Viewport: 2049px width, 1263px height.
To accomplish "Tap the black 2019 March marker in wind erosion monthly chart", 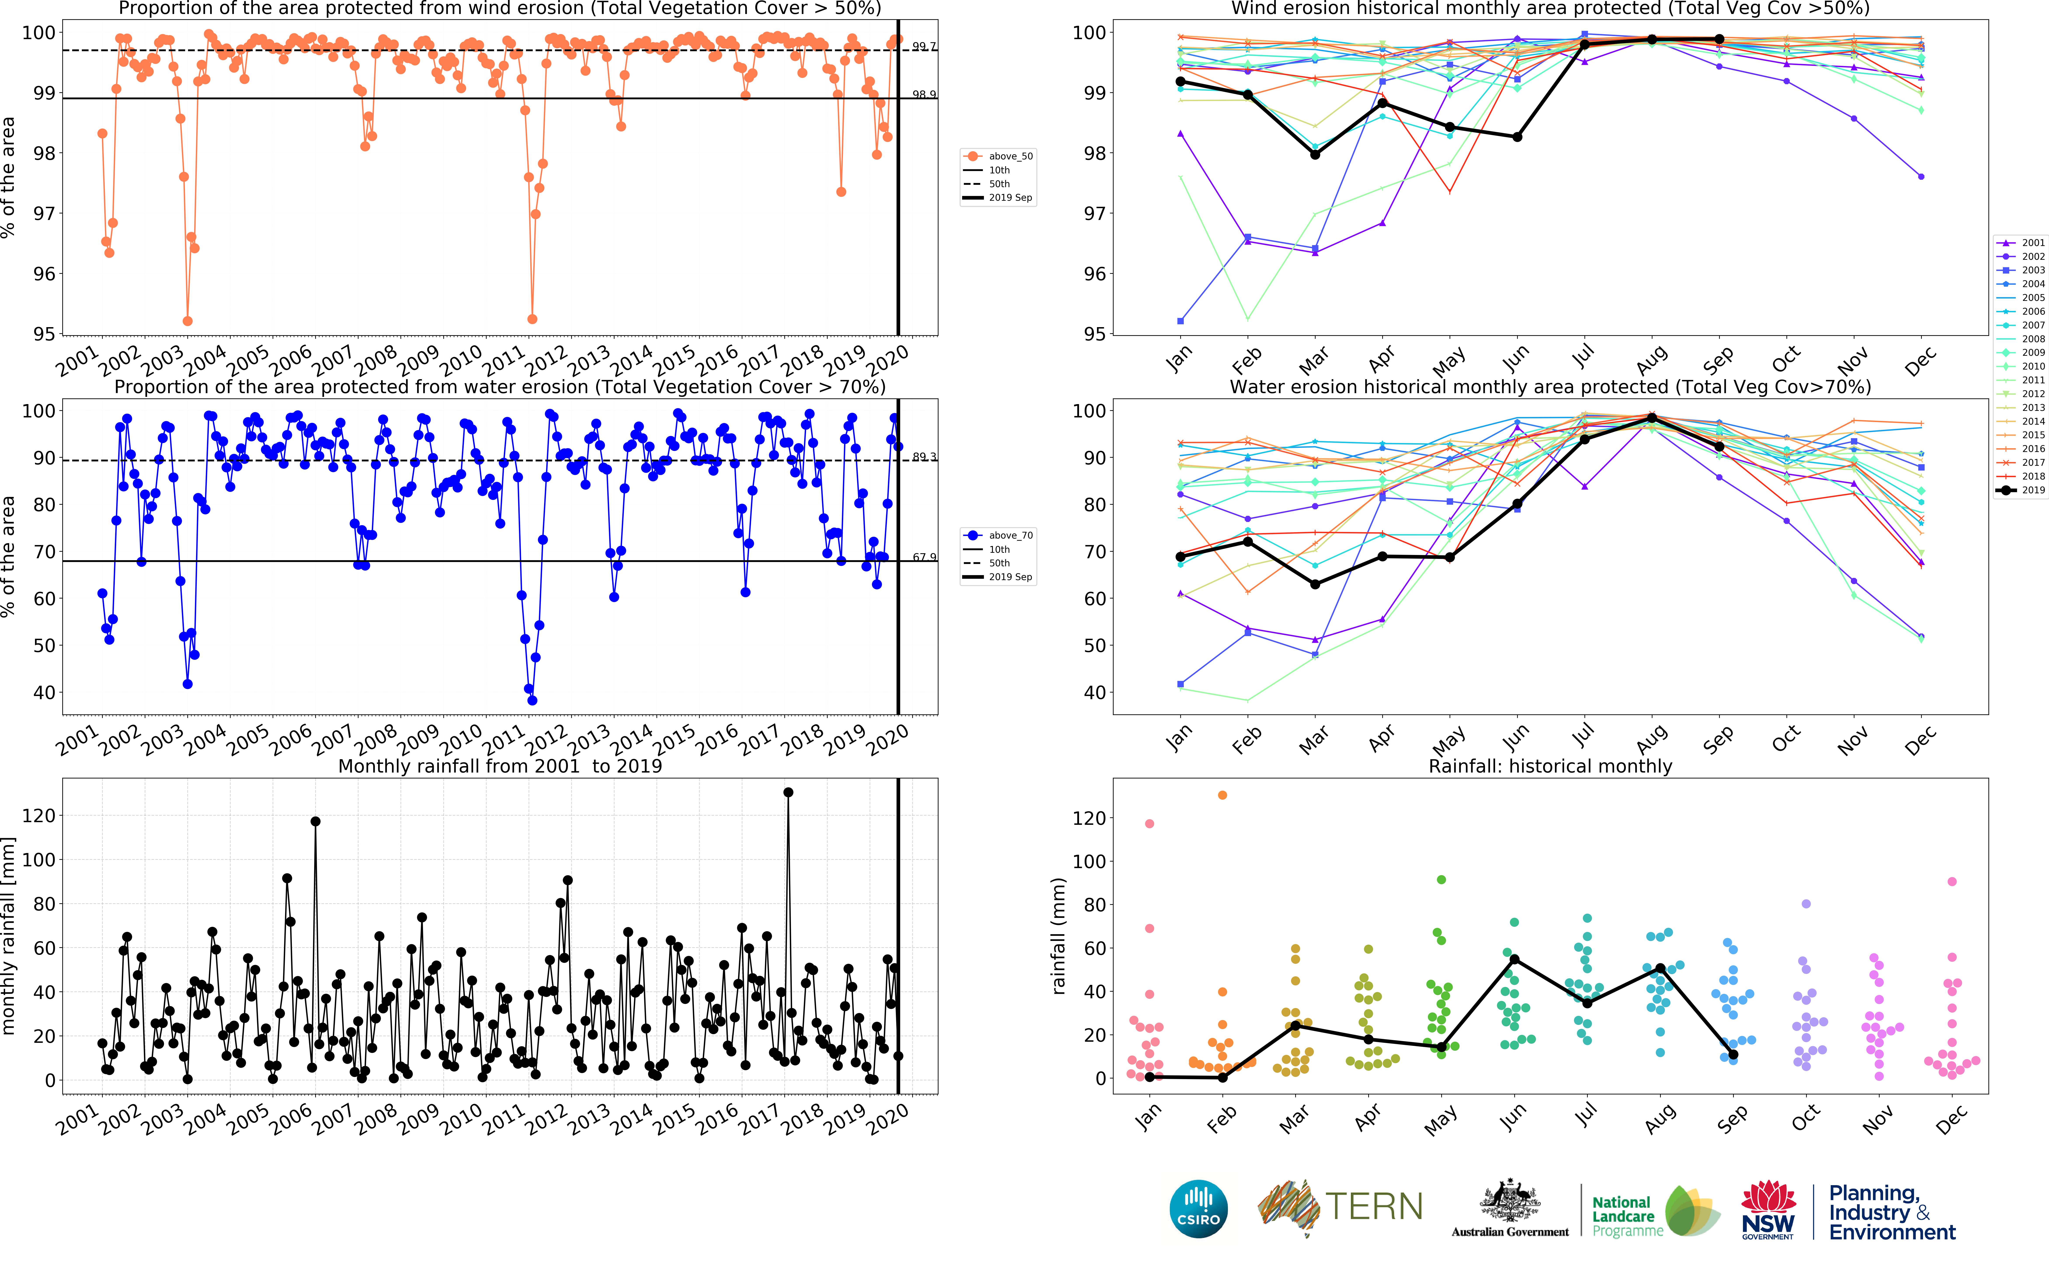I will pos(1315,155).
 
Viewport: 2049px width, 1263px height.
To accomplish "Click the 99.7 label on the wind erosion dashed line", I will pos(923,46).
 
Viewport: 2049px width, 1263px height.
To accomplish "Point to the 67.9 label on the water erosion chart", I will pos(923,557).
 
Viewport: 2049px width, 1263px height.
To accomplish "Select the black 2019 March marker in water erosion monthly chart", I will pos(1315,584).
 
